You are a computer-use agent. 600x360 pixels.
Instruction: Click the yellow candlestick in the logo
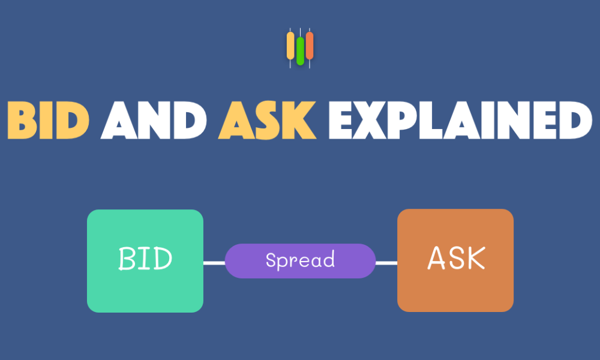tap(290, 47)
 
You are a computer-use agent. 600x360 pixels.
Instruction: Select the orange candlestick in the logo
tap(310, 47)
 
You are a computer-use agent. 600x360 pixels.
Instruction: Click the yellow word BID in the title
tap(49, 120)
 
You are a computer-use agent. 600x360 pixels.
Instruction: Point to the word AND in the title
tap(154, 120)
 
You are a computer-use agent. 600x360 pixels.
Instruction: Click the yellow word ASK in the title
tap(268, 120)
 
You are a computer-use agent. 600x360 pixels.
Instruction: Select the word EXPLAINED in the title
tap(460, 120)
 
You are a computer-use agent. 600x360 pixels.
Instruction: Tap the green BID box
tap(145, 261)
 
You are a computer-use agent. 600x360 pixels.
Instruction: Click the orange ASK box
tap(455, 260)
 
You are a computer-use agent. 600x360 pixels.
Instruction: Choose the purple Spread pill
tap(301, 261)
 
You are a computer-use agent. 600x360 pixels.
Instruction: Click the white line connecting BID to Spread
tap(214, 263)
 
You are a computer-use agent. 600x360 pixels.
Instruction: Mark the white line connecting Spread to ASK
tap(386, 263)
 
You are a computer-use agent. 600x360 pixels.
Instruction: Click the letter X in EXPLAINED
tap(370, 120)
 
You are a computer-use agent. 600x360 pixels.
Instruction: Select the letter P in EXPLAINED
tap(402, 120)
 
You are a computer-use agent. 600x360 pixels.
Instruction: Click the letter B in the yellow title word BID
tap(22, 120)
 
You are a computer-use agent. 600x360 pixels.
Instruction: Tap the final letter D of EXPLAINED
tap(576, 120)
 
